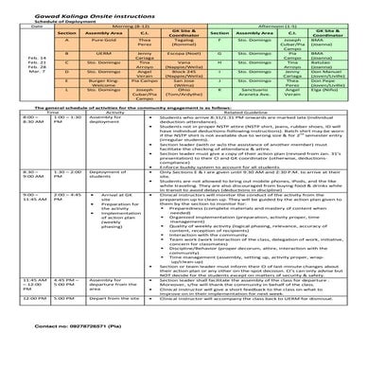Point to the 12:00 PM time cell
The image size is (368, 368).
point(27,324)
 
